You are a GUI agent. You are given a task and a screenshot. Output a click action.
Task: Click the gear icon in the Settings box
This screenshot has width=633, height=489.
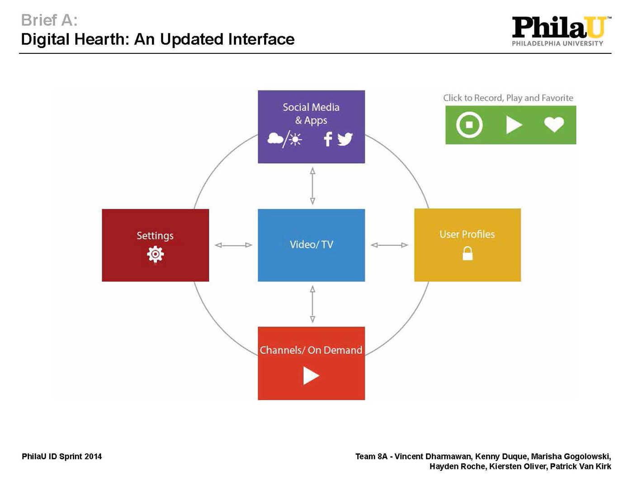155,254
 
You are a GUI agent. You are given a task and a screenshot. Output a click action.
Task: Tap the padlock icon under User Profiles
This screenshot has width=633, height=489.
468,253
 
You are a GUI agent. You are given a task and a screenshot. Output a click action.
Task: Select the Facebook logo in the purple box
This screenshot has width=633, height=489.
328,139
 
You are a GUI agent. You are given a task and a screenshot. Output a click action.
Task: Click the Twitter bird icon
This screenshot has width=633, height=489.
345,139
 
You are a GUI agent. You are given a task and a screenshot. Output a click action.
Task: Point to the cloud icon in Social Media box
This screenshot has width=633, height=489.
275,138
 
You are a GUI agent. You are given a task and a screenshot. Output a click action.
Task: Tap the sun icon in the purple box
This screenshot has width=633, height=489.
295,139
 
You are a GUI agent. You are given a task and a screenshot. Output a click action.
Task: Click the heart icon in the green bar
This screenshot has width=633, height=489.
554,125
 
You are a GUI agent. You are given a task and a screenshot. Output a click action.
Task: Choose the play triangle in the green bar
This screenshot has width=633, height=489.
514,125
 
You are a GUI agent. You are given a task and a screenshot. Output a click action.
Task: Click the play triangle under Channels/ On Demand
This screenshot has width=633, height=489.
311,376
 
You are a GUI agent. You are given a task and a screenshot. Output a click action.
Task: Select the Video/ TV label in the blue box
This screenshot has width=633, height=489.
312,244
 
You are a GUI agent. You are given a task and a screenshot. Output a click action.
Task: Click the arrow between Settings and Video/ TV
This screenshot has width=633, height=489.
233,245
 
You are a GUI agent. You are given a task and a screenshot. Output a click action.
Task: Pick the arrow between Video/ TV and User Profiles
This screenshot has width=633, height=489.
389,245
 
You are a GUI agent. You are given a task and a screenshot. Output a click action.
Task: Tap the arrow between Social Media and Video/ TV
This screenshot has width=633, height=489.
312,186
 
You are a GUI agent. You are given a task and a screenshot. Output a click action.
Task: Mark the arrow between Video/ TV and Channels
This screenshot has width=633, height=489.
312,304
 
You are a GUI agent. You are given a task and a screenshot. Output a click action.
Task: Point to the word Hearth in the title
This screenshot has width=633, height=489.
102,39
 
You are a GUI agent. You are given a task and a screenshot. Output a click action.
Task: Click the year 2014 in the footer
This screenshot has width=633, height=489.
93,456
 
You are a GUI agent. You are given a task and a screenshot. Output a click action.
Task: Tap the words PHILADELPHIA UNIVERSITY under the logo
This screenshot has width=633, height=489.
557,43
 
